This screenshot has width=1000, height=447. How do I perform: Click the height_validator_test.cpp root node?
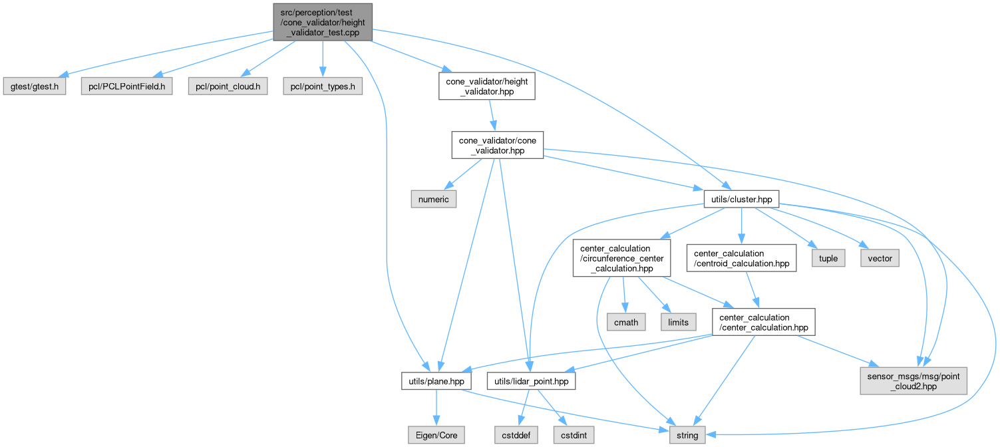click(x=322, y=21)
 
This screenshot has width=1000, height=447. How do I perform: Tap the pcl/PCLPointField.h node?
click(x=126, y=87)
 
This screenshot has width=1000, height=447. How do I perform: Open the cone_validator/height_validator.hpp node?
click(x=487, y=87)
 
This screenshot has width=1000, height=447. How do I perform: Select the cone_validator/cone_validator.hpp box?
click(x=498, y=144)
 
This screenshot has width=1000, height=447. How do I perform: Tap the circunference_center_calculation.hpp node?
click(x=617, y=259)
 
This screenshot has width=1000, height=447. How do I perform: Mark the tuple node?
click(x=828, y=258)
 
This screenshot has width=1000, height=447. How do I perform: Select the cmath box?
click(x=627, y=322)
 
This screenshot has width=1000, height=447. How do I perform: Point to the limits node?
click(x=678, y=322)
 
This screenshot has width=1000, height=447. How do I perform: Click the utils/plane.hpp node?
click(x=436, y=381)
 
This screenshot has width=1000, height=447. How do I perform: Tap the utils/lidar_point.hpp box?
click(x=531, y=381)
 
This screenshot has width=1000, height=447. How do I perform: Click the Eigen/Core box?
click(x=436, y=435)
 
